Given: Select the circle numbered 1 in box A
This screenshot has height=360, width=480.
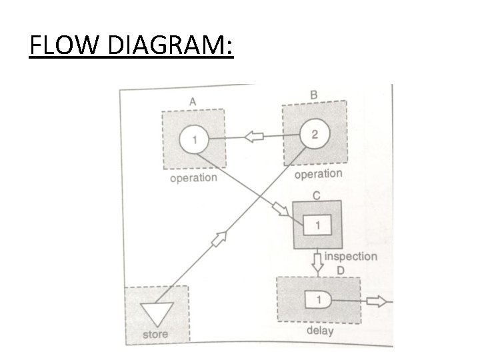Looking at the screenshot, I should coord(194,140).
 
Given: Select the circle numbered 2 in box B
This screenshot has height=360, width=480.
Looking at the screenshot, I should coord(314,133).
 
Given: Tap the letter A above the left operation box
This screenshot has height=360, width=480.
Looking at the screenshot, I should coord(193,101).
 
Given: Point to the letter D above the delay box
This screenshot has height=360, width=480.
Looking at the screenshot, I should coord(340,269).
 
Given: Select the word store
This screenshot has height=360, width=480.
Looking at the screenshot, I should coord(156,334).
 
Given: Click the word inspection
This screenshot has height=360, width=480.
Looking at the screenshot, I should coord(351,257).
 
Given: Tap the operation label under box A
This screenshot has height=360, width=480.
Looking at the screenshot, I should coord(193,179).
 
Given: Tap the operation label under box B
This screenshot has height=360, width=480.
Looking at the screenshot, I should coord(318,174).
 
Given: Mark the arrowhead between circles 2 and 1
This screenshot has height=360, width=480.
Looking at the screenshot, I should coord(254,137).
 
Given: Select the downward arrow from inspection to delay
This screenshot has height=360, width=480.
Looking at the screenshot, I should coord(318,262).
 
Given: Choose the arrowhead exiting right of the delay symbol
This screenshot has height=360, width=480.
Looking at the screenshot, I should coord(377,301).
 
